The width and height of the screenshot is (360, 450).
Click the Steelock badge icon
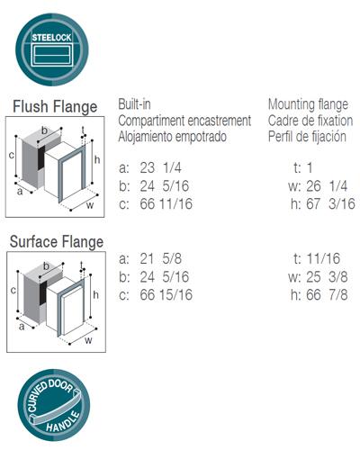52,49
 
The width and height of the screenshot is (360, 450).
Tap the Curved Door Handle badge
54,405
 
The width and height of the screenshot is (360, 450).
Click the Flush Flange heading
55,107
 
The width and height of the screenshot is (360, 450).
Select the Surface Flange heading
57,242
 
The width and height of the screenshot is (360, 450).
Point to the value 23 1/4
160,167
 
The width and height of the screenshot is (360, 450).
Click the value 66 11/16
166,204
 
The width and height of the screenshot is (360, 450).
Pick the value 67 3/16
330,204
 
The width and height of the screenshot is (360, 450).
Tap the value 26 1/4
327,186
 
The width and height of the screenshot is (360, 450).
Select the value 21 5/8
160,258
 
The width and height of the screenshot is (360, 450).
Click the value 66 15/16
166,295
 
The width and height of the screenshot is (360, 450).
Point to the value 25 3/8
327,277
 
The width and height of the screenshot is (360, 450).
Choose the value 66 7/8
327,295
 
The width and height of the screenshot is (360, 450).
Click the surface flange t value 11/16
323,258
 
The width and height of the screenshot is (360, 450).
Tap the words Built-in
134,104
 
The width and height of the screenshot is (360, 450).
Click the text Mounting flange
308,104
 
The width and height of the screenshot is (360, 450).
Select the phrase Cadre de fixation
310,121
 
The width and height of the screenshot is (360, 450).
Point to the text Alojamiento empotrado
172,137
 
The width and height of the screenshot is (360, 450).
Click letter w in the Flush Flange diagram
90,205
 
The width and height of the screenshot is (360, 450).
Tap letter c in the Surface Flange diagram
13,290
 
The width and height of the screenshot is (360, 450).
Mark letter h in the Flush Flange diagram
97,159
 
